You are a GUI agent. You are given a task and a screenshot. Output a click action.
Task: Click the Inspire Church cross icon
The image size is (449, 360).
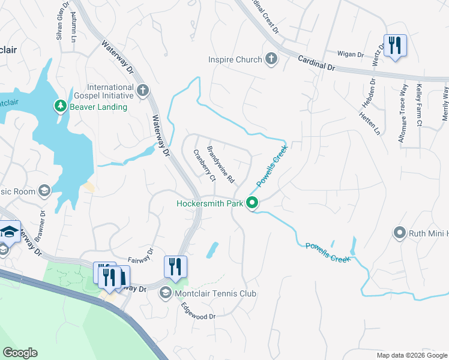pyautogui.click(x=271, y=59)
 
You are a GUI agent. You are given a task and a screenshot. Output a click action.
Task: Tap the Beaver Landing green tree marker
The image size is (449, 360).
pyautogui.click(x=60, y=107)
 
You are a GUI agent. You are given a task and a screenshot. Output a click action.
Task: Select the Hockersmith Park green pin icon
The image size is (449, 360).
pyautogui.click(x=253, y=204)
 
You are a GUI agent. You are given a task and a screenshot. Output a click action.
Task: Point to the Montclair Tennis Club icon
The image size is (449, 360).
pyautogui.click(x=165, y=293)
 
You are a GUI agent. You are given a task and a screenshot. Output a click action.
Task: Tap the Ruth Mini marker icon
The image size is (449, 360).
pyautogui.click(x=400, y=233)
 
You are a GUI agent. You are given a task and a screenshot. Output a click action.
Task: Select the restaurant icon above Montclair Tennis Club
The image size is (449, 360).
pyautogui.click(x=175, y=267)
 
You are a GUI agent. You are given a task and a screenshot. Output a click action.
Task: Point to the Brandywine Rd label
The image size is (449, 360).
pyautogui.click(x=220, y=165)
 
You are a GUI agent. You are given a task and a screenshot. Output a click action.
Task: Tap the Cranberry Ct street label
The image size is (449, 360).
pyautogui.click(x=204, y=166)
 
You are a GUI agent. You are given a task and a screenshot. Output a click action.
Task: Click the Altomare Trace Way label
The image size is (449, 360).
pyautogui.click(x=403, y=114)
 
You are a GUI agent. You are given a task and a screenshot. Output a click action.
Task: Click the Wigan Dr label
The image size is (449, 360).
pyautogui.click(x=352, y=55)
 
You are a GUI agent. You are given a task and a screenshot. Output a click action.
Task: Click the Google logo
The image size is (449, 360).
pyautogui.click(x=20, y=353)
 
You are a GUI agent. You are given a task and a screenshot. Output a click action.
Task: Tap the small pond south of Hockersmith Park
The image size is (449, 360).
pyautogui.click(x=212, y=250)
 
